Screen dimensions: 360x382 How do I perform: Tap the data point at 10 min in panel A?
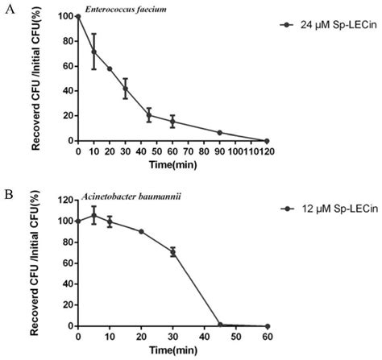(93, 52)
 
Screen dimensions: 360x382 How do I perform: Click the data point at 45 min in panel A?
(149, 114)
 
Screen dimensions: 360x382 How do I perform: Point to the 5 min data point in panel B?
(93, 215)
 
